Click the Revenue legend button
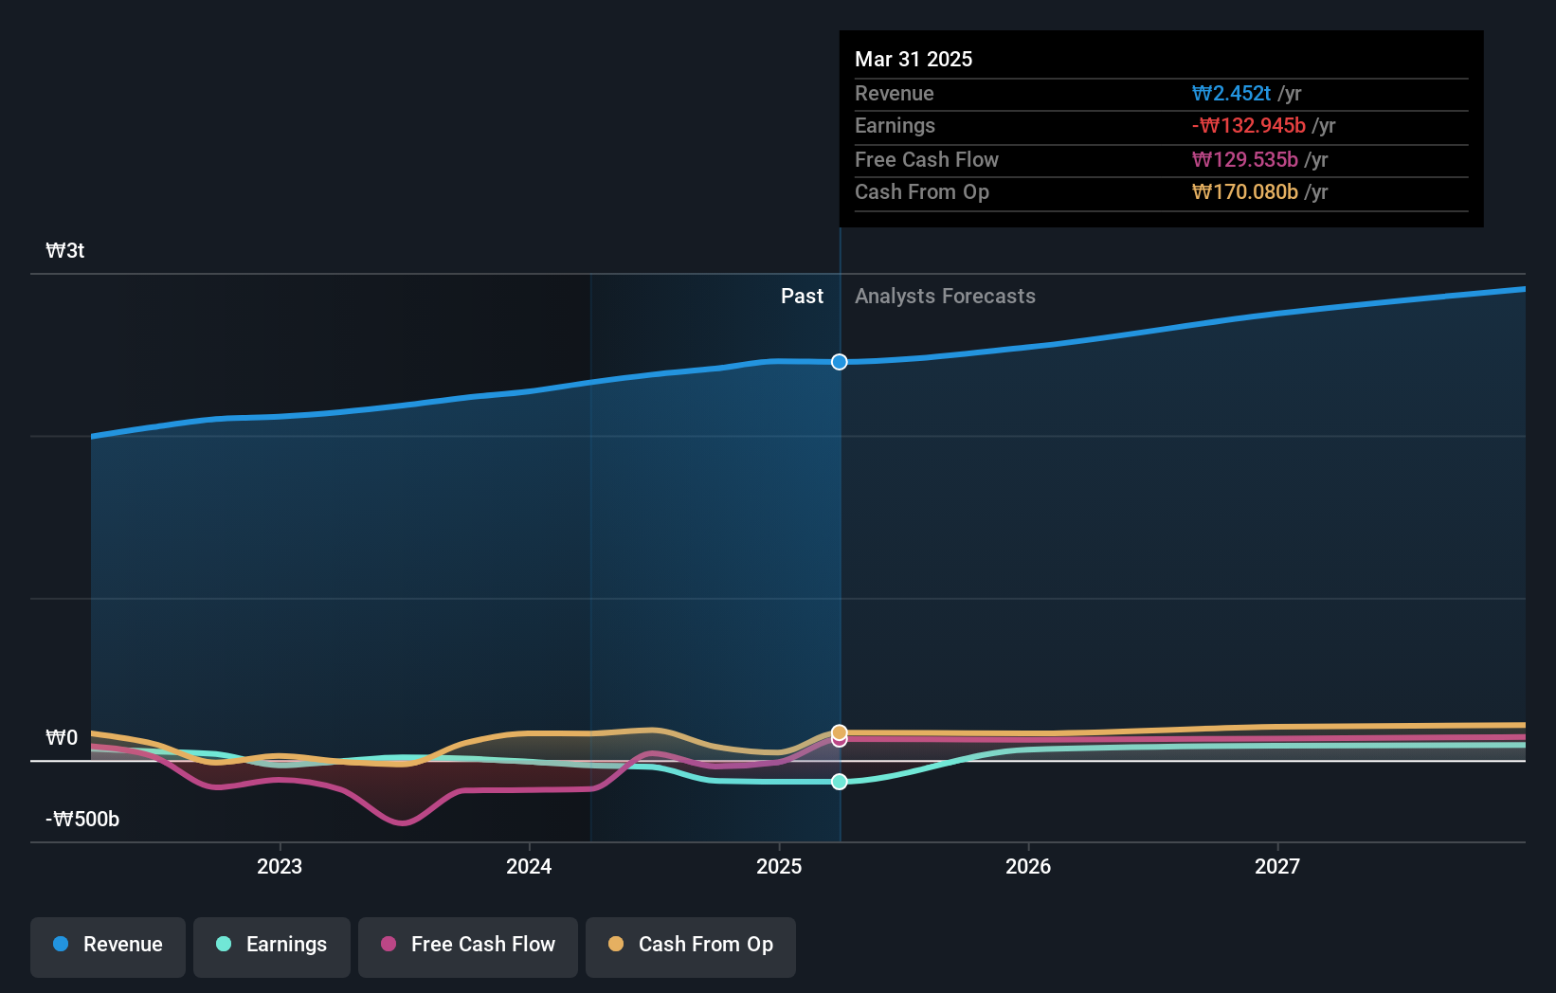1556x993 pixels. [x=108, y=945]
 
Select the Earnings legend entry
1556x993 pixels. [x=272, y=945]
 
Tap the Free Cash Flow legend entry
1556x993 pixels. [x=468, y=945]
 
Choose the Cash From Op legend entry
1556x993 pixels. [x=691, y=945]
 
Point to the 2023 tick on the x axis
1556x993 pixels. [x=280, y=866]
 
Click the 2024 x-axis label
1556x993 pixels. [x=529, y=866]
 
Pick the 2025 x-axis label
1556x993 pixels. [x=779, y=866]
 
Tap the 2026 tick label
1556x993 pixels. [x=1028, y=866]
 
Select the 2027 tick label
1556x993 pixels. [x=1277, y=866]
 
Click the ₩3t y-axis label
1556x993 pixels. [x=65, y=251]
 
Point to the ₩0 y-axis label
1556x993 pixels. [x=62, y=738]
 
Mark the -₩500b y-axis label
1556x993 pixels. [x=82, y=820]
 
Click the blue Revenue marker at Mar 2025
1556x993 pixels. [x=840, y=362]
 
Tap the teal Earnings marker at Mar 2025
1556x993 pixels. [x=840, y=782]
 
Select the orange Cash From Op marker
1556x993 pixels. [x=840, y=731]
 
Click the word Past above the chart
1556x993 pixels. [x=802, y=297]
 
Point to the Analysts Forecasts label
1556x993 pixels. [x=945, y=297]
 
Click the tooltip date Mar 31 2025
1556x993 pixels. [x=914, y=59]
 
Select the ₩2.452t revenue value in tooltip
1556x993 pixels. [x=1231, y=94]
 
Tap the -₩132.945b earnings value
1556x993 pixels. [x=1249, y=126]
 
